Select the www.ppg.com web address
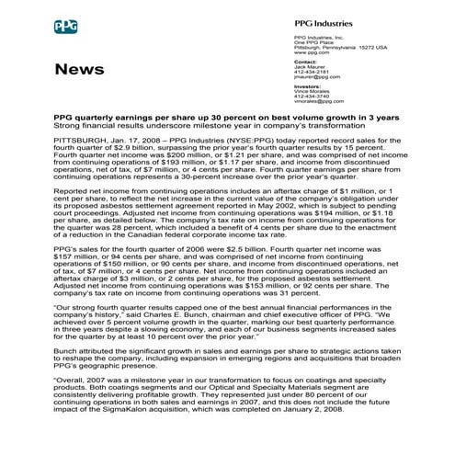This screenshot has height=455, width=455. (307, 53)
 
